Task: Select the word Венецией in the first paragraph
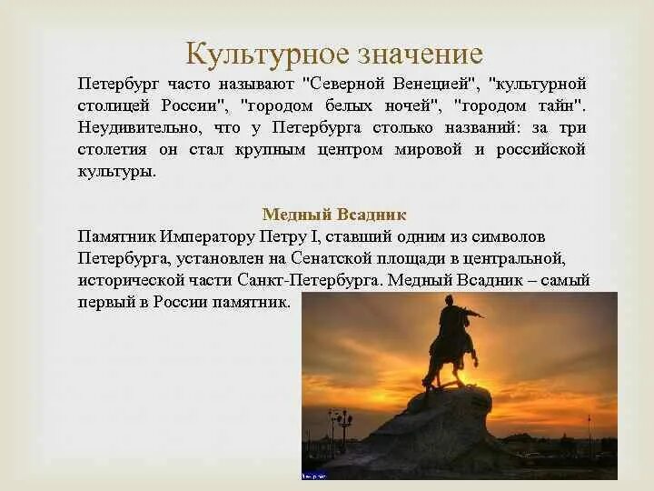432,84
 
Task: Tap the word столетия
113,149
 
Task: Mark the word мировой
428,149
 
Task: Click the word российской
540,150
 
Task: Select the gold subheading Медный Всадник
334,215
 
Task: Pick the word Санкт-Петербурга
310,280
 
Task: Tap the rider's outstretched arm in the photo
472,313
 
